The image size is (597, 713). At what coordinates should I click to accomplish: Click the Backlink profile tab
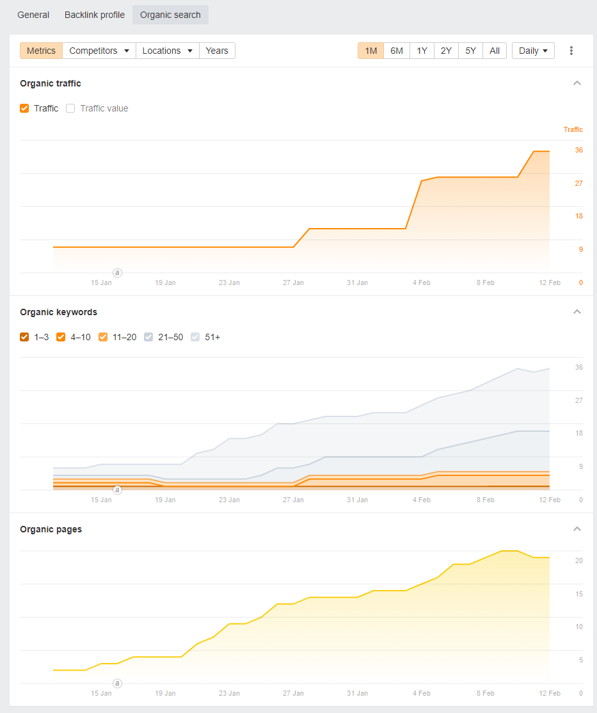pos(95,15)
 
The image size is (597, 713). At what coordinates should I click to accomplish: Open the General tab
pos(33,15)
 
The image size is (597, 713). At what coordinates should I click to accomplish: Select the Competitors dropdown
pos(99,51)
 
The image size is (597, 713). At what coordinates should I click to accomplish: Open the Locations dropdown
pos(167,51)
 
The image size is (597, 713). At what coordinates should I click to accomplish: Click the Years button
pos(217,51)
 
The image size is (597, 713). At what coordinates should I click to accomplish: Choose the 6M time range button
pos(397,51)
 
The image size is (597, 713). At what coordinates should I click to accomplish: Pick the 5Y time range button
pos(470,51)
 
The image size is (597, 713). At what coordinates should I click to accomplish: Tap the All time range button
pos(495,51)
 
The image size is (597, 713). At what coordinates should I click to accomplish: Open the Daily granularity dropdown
pos(533,51)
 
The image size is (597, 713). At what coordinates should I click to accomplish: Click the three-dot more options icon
pos(571,51)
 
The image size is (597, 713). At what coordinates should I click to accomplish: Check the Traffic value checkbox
pos(71,108)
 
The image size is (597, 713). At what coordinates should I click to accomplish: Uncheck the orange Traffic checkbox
pos(25,108)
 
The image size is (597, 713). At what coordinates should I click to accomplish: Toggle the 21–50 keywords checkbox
pos(149,337)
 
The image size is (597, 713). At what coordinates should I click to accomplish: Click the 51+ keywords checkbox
pos(195,337)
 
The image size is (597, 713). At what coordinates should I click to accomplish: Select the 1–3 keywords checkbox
pos(25,337)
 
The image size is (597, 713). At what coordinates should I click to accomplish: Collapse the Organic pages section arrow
pos(577,529)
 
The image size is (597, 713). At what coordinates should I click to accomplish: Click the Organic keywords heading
pos(59,312)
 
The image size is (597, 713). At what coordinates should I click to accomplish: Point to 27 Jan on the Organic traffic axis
pos(293,283)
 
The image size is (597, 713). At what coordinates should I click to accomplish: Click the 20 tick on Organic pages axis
pos(578,561)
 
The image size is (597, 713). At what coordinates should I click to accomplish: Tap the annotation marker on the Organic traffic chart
pos(117,273)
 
